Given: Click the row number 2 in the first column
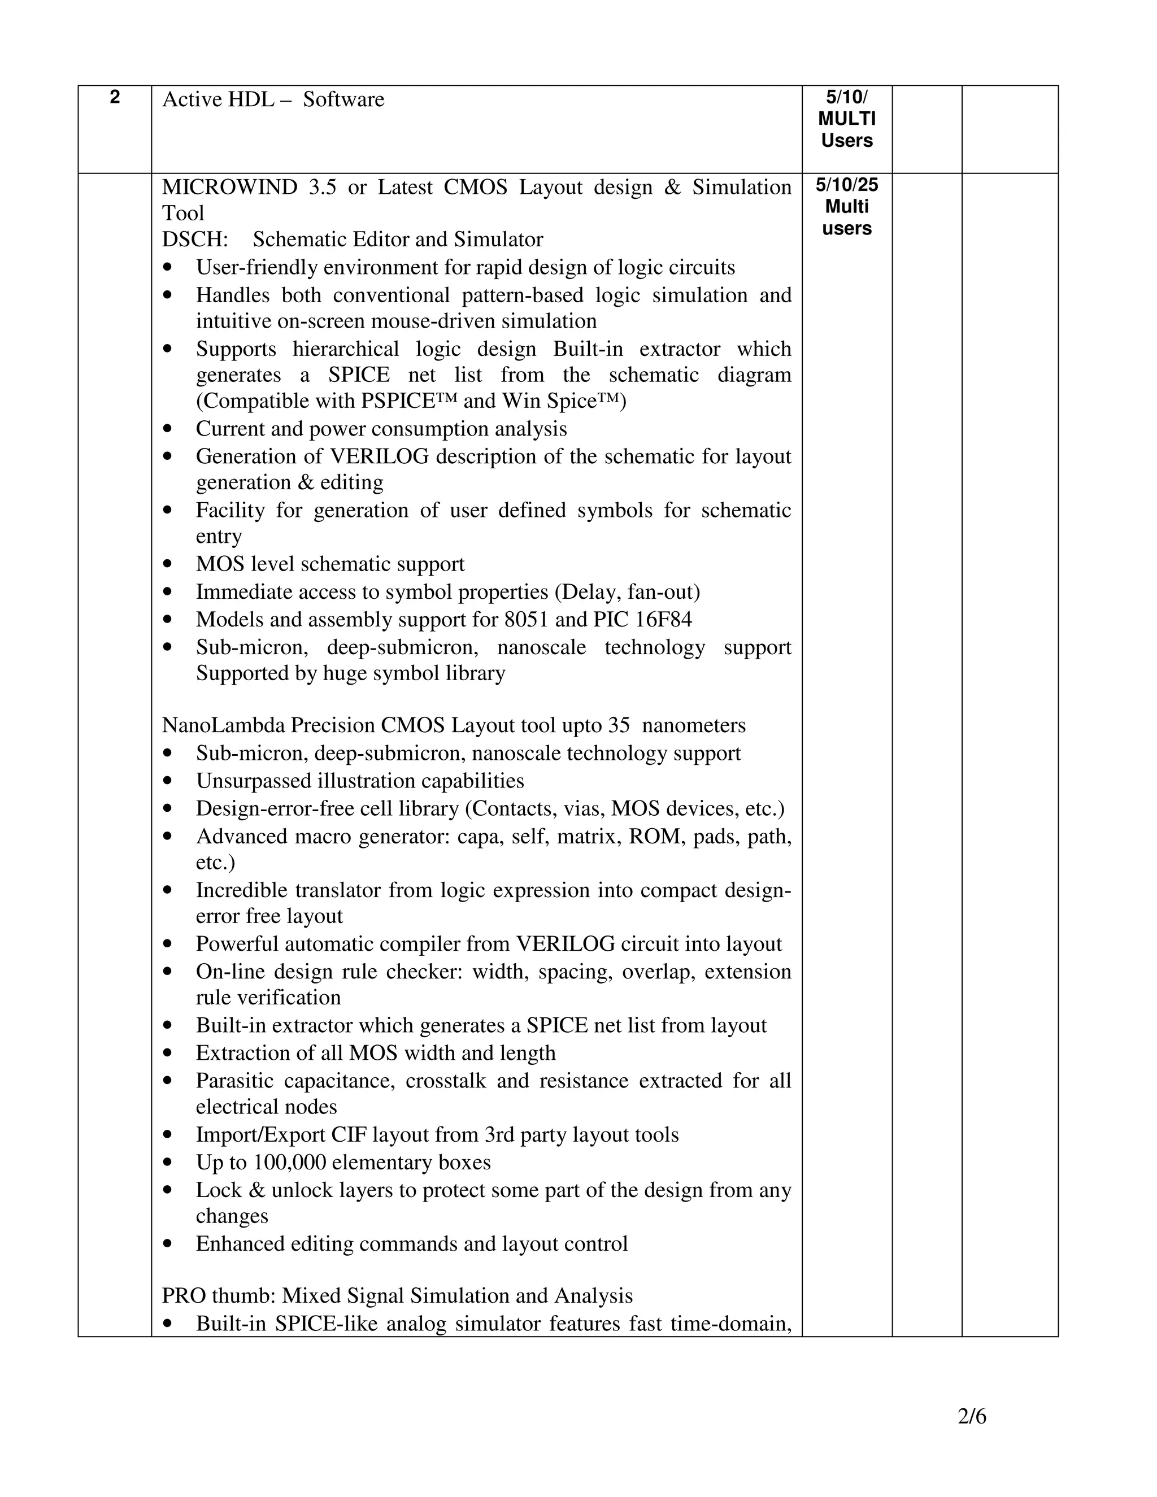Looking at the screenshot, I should [x=115, y=97].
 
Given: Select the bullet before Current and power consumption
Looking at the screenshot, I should [x=168, y=429].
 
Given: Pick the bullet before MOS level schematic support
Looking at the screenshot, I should [x=168, y=564].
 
